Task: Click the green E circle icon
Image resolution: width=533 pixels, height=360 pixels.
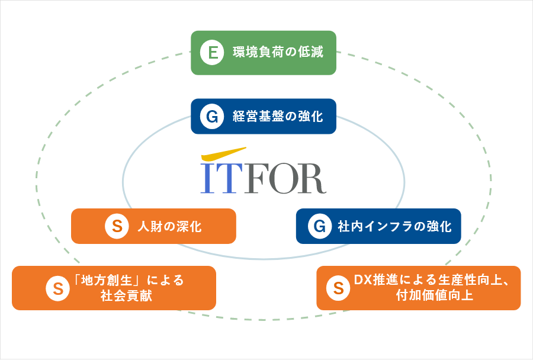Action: point(212,53)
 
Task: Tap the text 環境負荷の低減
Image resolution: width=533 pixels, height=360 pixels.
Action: point(278,52)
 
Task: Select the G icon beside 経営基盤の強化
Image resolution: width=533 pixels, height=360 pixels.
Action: point(212,117)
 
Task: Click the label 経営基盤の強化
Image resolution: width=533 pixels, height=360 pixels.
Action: point(278,116)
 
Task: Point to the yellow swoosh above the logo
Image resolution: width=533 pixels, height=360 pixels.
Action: point(223,155)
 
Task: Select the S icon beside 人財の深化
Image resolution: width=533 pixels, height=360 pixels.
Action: point(117,226)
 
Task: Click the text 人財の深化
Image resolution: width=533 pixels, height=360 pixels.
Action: point(169,226)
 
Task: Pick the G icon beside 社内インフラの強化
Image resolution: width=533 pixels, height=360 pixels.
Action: point(320,226)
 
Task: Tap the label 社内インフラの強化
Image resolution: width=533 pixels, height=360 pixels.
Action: point(394,226)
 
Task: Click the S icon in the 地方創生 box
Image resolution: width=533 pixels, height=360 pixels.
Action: point(58,288)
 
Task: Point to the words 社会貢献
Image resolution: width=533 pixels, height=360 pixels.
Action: point(126,295)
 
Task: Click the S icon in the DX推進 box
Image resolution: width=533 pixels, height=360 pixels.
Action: point(338,288)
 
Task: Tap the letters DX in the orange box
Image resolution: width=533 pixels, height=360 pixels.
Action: point(363,280)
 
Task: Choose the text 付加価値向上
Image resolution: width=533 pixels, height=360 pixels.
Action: point(435,295)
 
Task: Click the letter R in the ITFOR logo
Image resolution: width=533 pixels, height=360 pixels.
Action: point(312,178)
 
